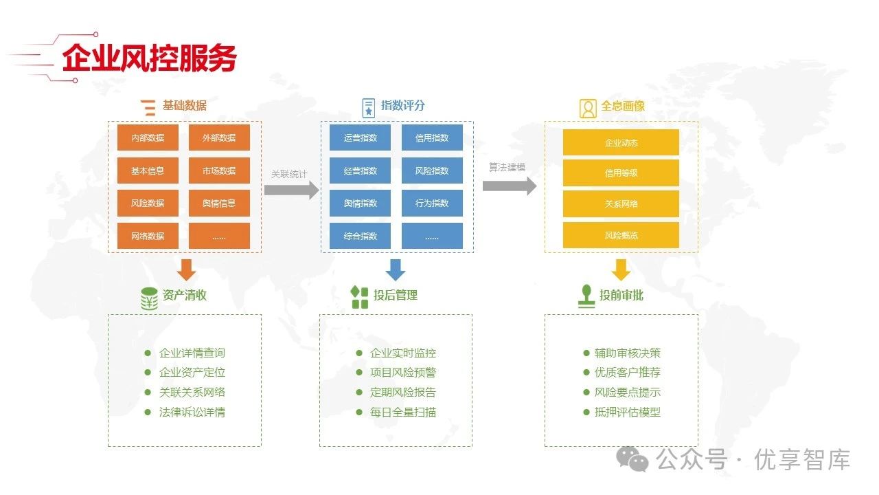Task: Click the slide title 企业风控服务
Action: [149, 58]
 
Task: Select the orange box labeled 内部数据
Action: [148, 137]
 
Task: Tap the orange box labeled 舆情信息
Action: [219, 203]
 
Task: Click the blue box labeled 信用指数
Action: [432, 137]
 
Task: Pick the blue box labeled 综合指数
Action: [360, 236]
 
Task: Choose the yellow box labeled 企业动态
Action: [621, 142]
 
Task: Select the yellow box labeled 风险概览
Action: [621, 235]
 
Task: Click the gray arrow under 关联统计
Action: [292, 190]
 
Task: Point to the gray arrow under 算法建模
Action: [509, 186]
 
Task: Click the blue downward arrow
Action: [396, 270]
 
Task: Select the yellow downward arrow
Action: [621, 270]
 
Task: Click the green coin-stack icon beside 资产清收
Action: [149, 298]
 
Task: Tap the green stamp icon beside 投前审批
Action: [586, 296]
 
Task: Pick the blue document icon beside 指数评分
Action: [369, 107]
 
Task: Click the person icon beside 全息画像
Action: [588, 109]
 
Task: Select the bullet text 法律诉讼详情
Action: [192, 412]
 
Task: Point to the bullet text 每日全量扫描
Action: [403, 412]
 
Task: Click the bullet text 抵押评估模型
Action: [628, 412]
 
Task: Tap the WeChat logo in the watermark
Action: [632, 458]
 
